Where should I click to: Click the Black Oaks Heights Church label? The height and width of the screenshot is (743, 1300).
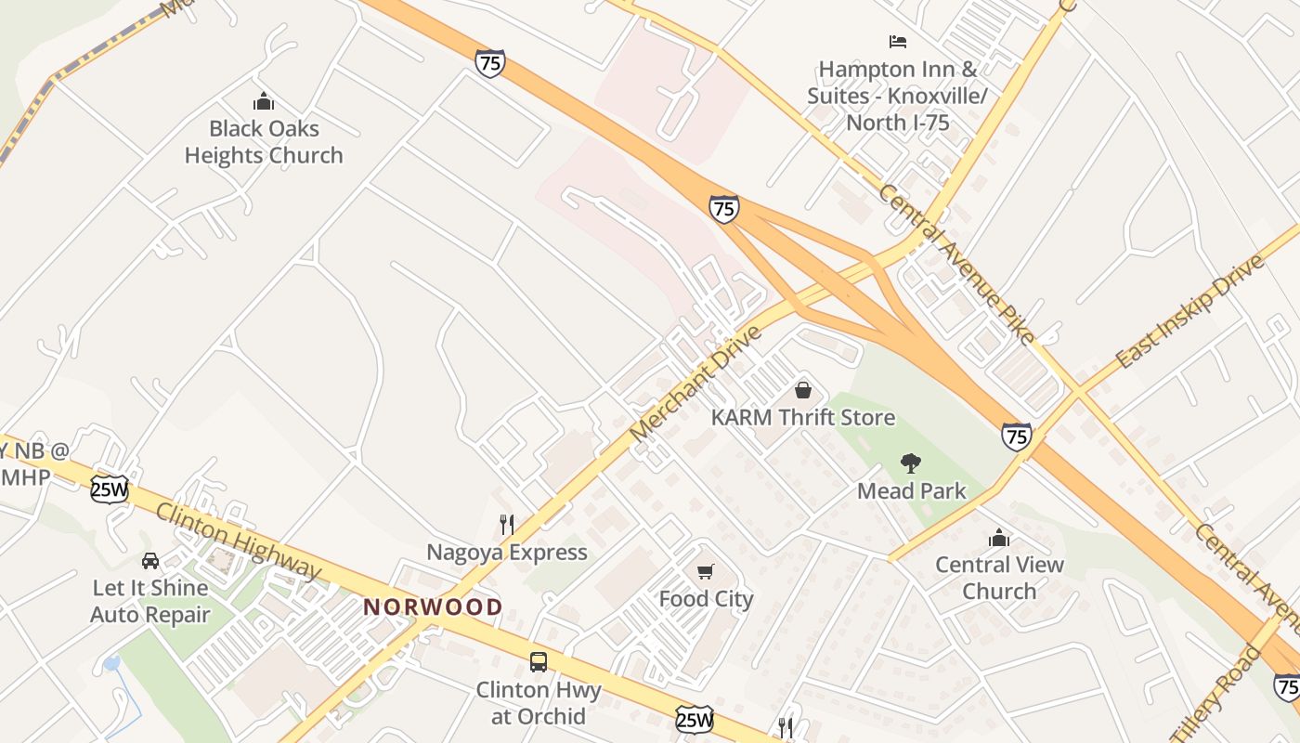(x=264, y=142)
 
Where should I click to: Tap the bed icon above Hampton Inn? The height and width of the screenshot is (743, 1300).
(x=897, y=42)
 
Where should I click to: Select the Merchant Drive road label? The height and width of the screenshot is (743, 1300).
(x=695, y=384)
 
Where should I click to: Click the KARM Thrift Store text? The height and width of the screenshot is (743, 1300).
(x=803, y=418)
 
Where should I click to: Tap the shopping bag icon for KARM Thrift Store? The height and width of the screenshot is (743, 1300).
(x=803, y=390)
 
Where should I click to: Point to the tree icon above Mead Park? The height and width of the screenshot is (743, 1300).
(x=911, y=463)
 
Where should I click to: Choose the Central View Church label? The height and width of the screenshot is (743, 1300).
(x=999, y=578)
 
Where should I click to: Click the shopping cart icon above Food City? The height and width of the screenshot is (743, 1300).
(x=706, y=571)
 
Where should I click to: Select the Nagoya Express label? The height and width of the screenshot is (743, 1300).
(x=507, y=553)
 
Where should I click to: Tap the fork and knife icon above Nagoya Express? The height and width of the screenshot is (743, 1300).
(x=507, y=525)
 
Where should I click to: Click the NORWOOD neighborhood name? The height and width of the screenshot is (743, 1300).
(x=433, y=607)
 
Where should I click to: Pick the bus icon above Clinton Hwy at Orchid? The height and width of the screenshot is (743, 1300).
(x=539, y=662)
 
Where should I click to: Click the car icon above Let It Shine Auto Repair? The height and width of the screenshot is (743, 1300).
(x=150, y=560)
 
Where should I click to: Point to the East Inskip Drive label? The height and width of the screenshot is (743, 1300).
(x=1190, y=310)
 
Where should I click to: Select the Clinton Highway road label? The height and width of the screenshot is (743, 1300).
(x=238, y=541)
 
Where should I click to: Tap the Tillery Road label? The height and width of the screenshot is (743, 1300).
(x=1215, y=692)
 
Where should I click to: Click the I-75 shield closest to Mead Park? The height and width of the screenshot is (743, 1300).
(x=1017, y=436)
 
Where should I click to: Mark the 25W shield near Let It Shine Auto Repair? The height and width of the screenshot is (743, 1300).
(x=110, y=489)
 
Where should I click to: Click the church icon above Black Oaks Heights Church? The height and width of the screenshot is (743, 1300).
(x=264, y=100)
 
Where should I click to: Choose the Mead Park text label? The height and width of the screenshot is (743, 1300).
(x=912, y=491)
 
